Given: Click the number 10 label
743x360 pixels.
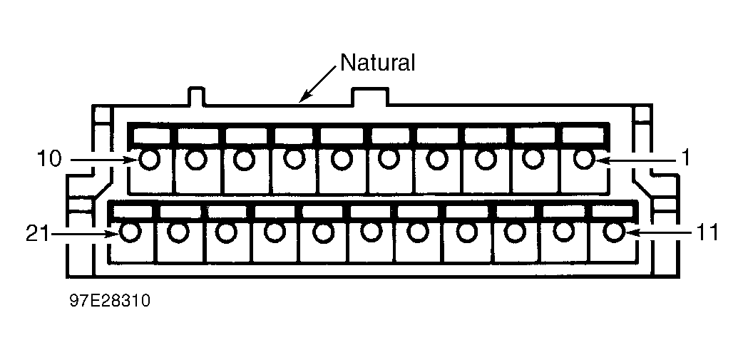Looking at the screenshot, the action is (x=49, y=160).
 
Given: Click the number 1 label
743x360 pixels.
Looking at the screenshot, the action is (x=684, y=160).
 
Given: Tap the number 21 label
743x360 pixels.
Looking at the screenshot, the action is (x=37, y=233).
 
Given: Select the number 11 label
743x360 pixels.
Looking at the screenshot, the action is (x=707, y=232).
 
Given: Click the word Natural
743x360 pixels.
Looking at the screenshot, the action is (x=378, y=63).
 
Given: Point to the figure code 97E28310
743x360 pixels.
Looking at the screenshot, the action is (x=110, y=300).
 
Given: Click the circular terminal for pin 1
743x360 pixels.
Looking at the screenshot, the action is (x=584, y=159).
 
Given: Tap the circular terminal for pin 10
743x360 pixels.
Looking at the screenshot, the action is (x=149, y=160).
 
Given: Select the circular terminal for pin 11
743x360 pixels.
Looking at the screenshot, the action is (x=614, y=232).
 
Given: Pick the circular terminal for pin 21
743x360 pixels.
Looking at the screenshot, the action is (x=130, y=232).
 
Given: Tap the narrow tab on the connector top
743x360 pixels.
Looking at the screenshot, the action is (x=197, y=96).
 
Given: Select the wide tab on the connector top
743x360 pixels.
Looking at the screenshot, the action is (x=369, y=96).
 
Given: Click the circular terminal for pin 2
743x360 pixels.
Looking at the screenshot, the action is (x=534, y=159).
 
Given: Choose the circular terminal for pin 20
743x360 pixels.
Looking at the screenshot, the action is (x=178, y=232).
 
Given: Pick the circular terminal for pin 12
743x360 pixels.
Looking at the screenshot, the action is (x=563, y=232).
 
